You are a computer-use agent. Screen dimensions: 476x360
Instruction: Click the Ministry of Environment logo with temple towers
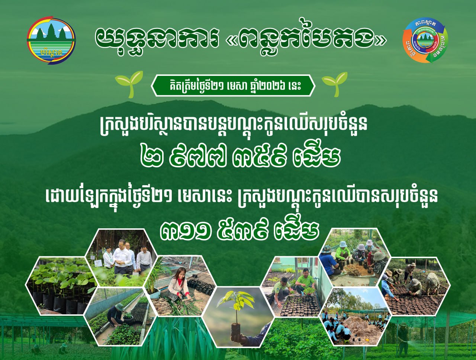click(x=51, y=40)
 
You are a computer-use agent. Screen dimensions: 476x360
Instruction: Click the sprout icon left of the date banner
click(x=129, y=84)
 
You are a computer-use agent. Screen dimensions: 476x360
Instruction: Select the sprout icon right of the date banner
click(x=335, y=84)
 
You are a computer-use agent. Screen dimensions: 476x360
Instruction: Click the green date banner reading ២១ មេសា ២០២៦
click(x=233, y=86)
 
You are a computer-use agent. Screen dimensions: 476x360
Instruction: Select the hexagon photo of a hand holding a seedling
click(x=238, y=316)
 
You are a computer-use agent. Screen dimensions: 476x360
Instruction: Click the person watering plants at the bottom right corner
click(x=402, y=339)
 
